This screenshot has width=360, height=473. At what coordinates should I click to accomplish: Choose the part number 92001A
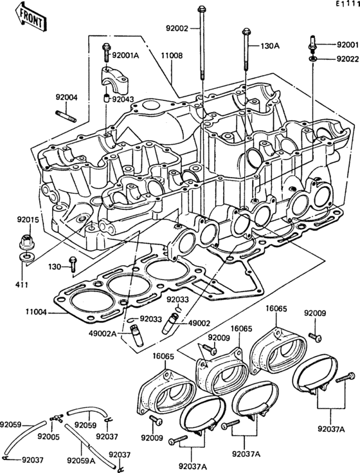point(125,55)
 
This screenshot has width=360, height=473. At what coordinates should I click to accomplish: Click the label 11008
point(172,55)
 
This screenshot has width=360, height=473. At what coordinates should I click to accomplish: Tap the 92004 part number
point(66,98)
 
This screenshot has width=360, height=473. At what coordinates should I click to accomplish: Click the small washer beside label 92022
point(312,59)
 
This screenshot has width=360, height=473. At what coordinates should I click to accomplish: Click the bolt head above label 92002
point(203,10)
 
